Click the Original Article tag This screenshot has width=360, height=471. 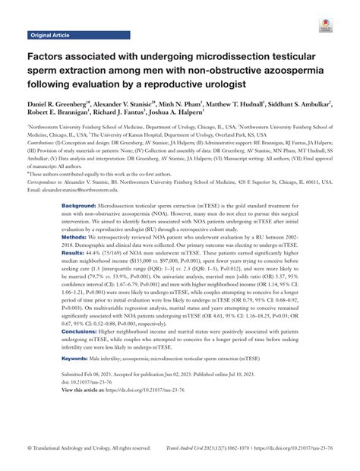point(51,35)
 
